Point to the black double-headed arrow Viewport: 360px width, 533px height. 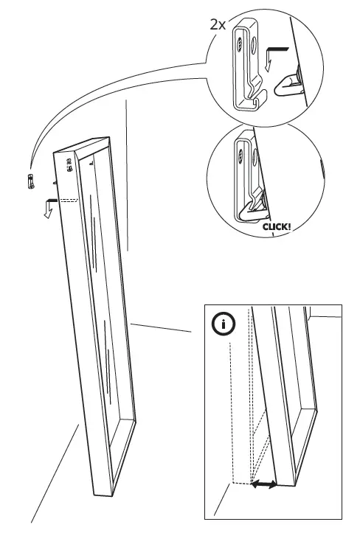tap(264, 484)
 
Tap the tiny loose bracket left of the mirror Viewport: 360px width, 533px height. tap(30, 181)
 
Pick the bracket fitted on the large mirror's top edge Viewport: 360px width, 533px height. tap(72, 166)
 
